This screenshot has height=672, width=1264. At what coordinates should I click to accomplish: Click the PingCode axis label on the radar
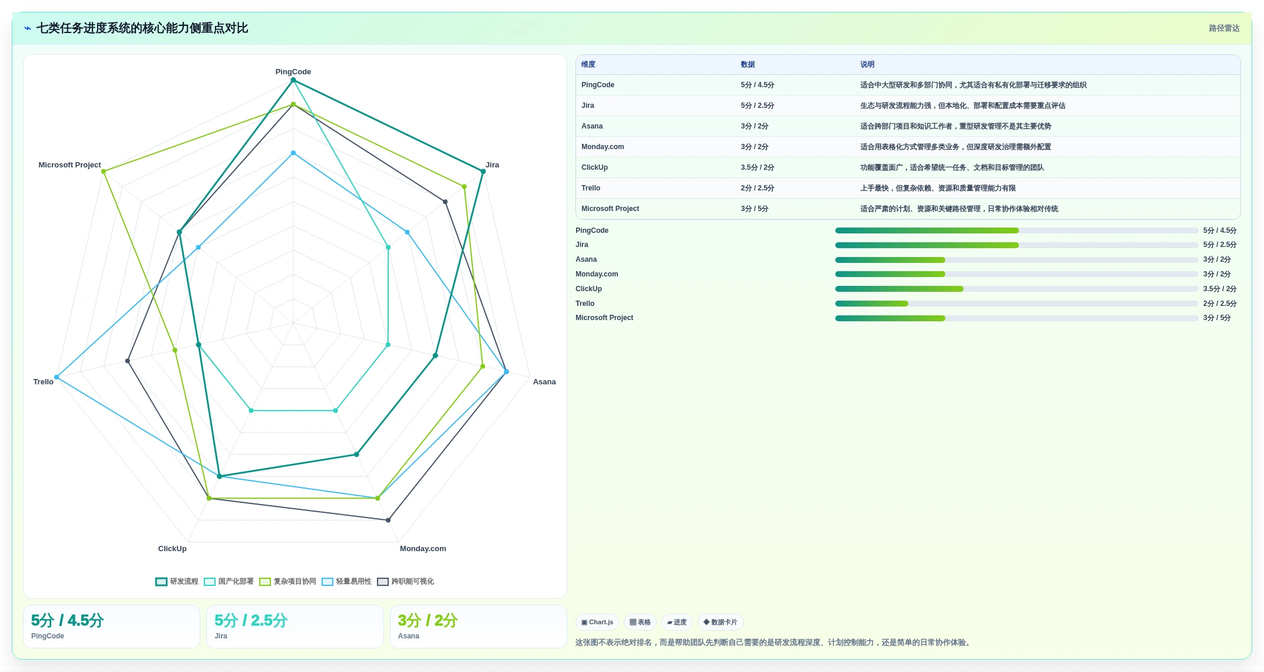(293, 72)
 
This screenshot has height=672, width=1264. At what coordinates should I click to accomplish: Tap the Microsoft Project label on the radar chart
(70, 165)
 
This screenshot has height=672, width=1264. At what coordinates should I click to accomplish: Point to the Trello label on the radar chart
(43, 382)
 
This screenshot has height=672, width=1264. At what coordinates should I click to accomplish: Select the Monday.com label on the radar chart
(423, 549)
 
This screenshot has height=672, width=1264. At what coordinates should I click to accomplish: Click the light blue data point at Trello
(57, 377)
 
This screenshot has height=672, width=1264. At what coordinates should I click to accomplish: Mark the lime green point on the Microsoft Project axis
(103, 172)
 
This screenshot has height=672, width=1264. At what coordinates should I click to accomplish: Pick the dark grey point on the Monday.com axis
(388, 520)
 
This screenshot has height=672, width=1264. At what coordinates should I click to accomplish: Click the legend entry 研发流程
(177, 582)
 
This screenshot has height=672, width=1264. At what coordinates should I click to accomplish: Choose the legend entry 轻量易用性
(347, 582)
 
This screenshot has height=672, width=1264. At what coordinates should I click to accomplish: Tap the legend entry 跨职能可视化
(406, 582)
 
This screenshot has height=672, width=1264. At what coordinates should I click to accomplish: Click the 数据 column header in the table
(748, 65)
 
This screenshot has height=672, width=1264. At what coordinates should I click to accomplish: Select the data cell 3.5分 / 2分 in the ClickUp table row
(757, 167)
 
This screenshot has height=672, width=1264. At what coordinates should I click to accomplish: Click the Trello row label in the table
(591, 188)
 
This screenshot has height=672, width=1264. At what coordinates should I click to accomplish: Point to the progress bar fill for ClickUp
(899, 289)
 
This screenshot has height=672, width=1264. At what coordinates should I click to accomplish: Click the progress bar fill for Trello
(872, 304)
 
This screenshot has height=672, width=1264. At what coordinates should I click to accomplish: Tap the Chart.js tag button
(597, 622)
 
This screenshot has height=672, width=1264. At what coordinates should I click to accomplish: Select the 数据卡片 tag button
(720, 622)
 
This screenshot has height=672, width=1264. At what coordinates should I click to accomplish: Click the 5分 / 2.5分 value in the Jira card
(251, 621)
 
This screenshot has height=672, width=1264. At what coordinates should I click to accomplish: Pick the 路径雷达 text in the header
(1224, 28)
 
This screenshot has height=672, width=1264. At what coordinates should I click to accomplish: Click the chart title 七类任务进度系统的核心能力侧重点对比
(142, 28)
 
